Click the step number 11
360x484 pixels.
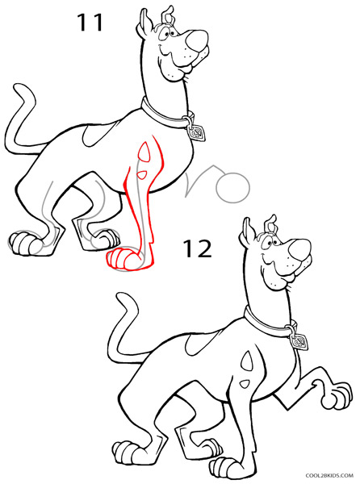pyautogui.click(x=90, y=22)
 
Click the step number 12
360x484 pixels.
pyautogui.click(x=195, y=248)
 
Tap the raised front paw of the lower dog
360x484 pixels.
pyautogui.click(x=330, y=400)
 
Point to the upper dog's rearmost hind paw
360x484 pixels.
pyautogui.click(x=23, y=242)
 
